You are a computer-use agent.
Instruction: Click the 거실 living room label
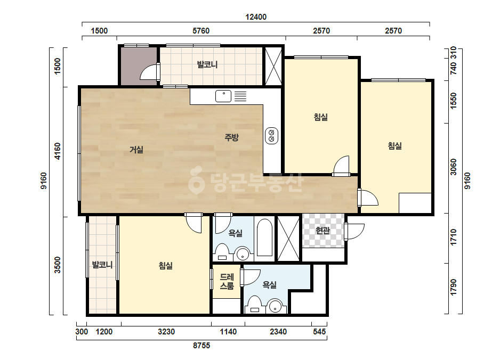tap(136, 150)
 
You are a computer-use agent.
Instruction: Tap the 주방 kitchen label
tap(231, 137)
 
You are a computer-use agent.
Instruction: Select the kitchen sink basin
tap(223, 96)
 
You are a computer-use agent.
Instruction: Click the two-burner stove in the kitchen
tap(271, 136)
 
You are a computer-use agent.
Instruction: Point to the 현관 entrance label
tap(322, 231)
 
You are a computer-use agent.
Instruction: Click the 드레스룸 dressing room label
tap(227, 281)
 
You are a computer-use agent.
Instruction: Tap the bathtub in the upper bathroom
tap(264, 238)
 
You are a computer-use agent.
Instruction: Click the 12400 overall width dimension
tap(256, 17)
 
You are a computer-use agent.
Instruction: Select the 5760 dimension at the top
tap(201, 31)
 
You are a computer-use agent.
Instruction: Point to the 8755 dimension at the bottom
tap(201, 346)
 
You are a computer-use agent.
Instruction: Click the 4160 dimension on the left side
tap(58, 151)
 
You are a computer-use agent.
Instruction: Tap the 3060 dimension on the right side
tap(454, 167)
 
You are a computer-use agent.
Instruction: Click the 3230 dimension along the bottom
tap(166, 331)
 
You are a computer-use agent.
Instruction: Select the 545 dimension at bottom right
tap(319, 331)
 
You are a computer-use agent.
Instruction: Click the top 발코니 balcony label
tap(207, 64)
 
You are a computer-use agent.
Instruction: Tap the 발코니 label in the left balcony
tap(102, 265)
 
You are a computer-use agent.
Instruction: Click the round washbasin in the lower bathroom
tap(276, 306)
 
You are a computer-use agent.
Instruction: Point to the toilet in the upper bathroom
tap(222, 252)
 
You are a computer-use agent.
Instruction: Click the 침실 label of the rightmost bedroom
tap(395, 146)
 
